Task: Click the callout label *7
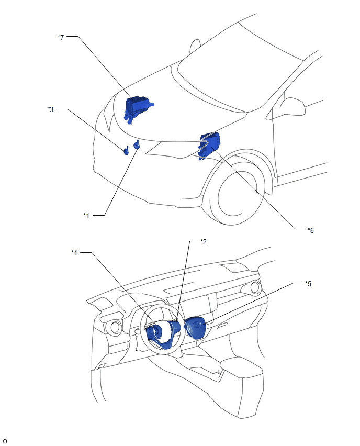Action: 61,37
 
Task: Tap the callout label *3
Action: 50,109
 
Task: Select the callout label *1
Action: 86,216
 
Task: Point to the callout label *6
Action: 311,230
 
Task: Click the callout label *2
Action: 204,242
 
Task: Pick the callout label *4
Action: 74,253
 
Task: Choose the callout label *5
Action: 308,284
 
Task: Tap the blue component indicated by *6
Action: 209,145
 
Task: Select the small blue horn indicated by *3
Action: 126,151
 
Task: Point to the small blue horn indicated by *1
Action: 137,145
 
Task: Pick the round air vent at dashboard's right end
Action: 255,288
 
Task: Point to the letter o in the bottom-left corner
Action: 5,441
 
